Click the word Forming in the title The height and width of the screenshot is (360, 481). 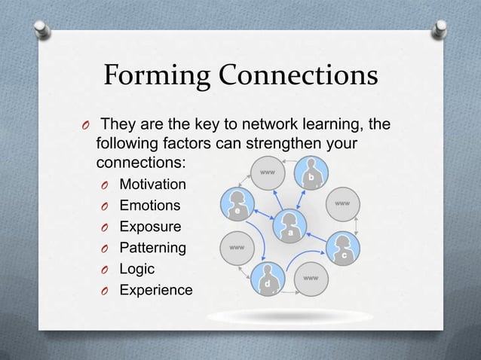click(x=152, y=76)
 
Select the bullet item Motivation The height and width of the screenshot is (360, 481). click(x=153, y=185)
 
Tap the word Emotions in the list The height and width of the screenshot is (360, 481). click(x=150, y=206)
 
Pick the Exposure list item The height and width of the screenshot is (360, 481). click(x=150, y=227)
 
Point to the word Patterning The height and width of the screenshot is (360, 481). click(x=152, y=248)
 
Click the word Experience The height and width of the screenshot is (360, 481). click(x=155, y=290)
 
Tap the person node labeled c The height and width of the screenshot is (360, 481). click(x=342, y=248)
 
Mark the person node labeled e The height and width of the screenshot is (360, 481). click(x=237, y=204)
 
